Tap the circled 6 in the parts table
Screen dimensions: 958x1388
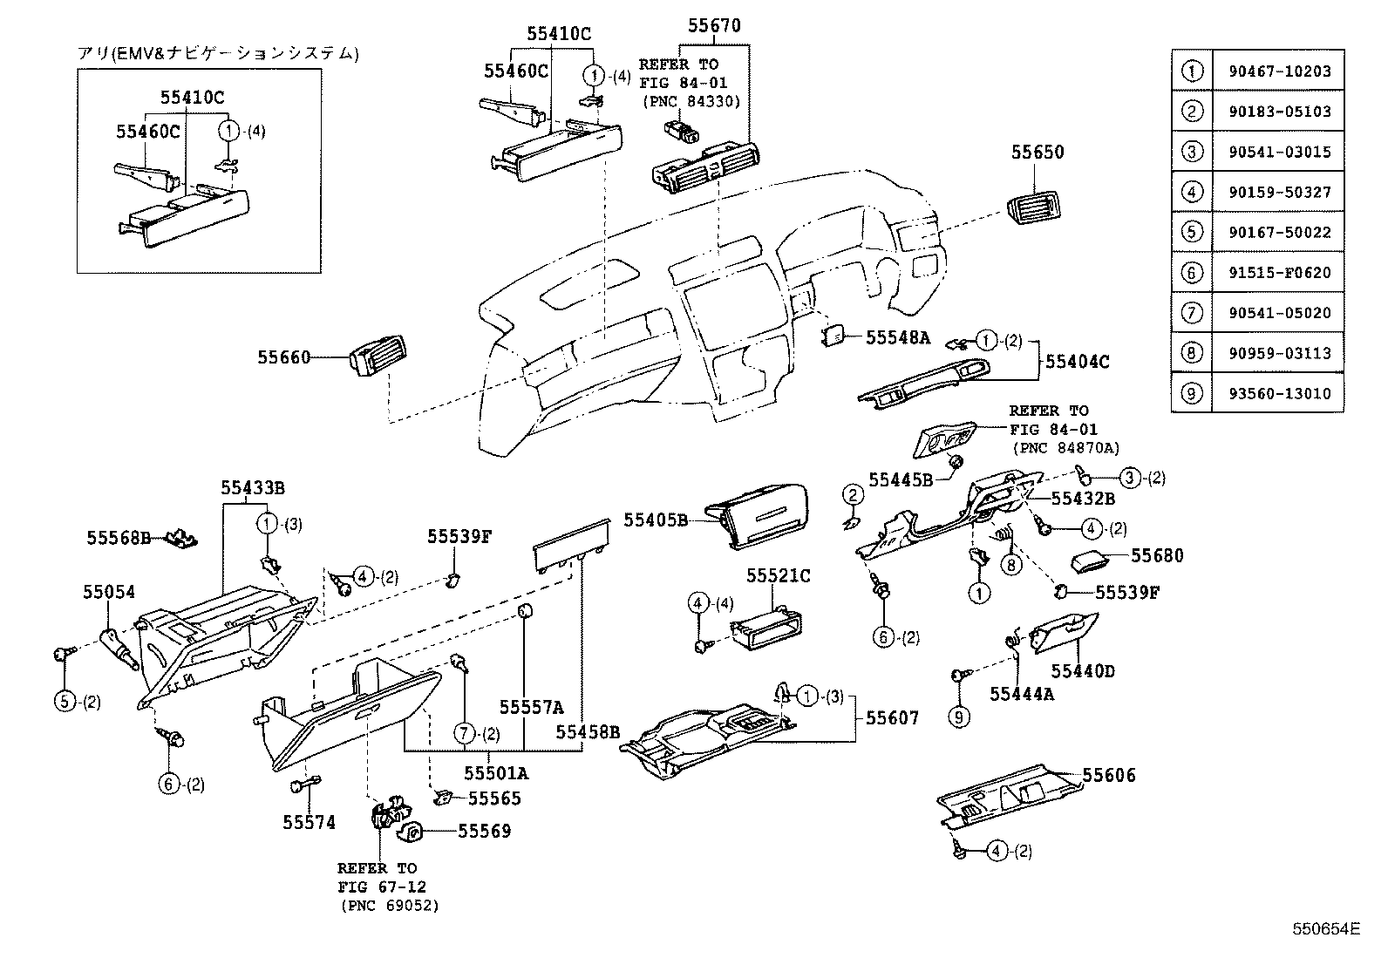(x=1192, y=272)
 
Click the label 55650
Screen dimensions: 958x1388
(x=1038, y=152)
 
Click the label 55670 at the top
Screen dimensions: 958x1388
(x=714, y=26)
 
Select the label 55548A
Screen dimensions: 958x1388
(x=898, y=338)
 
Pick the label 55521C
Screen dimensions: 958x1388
(x=779, y=576)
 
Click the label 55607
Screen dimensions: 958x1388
(x=892, y=719)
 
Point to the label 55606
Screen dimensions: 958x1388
(x=1109, y=776)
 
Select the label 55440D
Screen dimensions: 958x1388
(x=1082, y=671)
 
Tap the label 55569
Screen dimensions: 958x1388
(x=485, y=832)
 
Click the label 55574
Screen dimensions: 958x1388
(x=309, y=822)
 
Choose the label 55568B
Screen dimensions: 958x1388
(x=119, y=538)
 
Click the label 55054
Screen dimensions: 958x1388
(x=109, y=593)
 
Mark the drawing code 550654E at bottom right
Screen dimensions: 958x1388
(x=1325, y=929)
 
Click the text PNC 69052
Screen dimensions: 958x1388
(x=390, y=906)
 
